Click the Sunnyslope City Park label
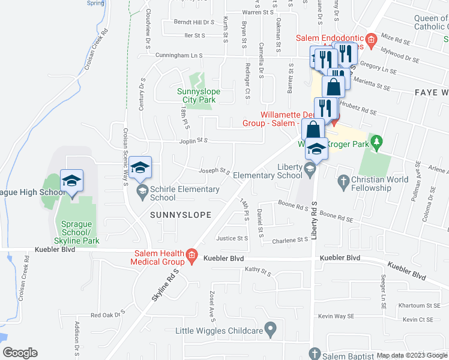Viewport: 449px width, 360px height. [199, 95]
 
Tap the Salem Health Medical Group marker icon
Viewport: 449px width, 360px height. [191, 256]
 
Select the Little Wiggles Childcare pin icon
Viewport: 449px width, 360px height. [271, 329]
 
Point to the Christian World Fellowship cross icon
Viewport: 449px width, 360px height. [344, 180]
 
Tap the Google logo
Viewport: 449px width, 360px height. [20, 353]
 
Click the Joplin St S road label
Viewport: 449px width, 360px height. [193, 141]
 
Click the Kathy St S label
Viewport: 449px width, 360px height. [258, 271]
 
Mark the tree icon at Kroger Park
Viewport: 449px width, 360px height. [376, 143]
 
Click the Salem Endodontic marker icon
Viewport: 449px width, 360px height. [370, 40]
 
